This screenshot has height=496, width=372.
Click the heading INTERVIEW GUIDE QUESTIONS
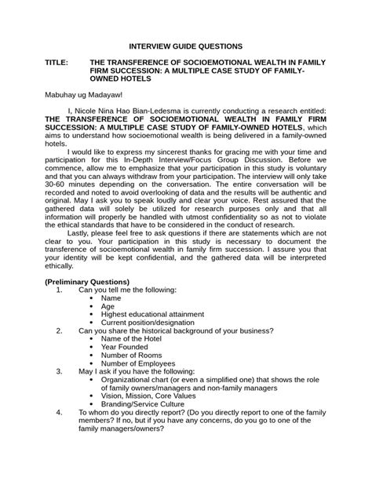pyautogui.click(x=185, y=47)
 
